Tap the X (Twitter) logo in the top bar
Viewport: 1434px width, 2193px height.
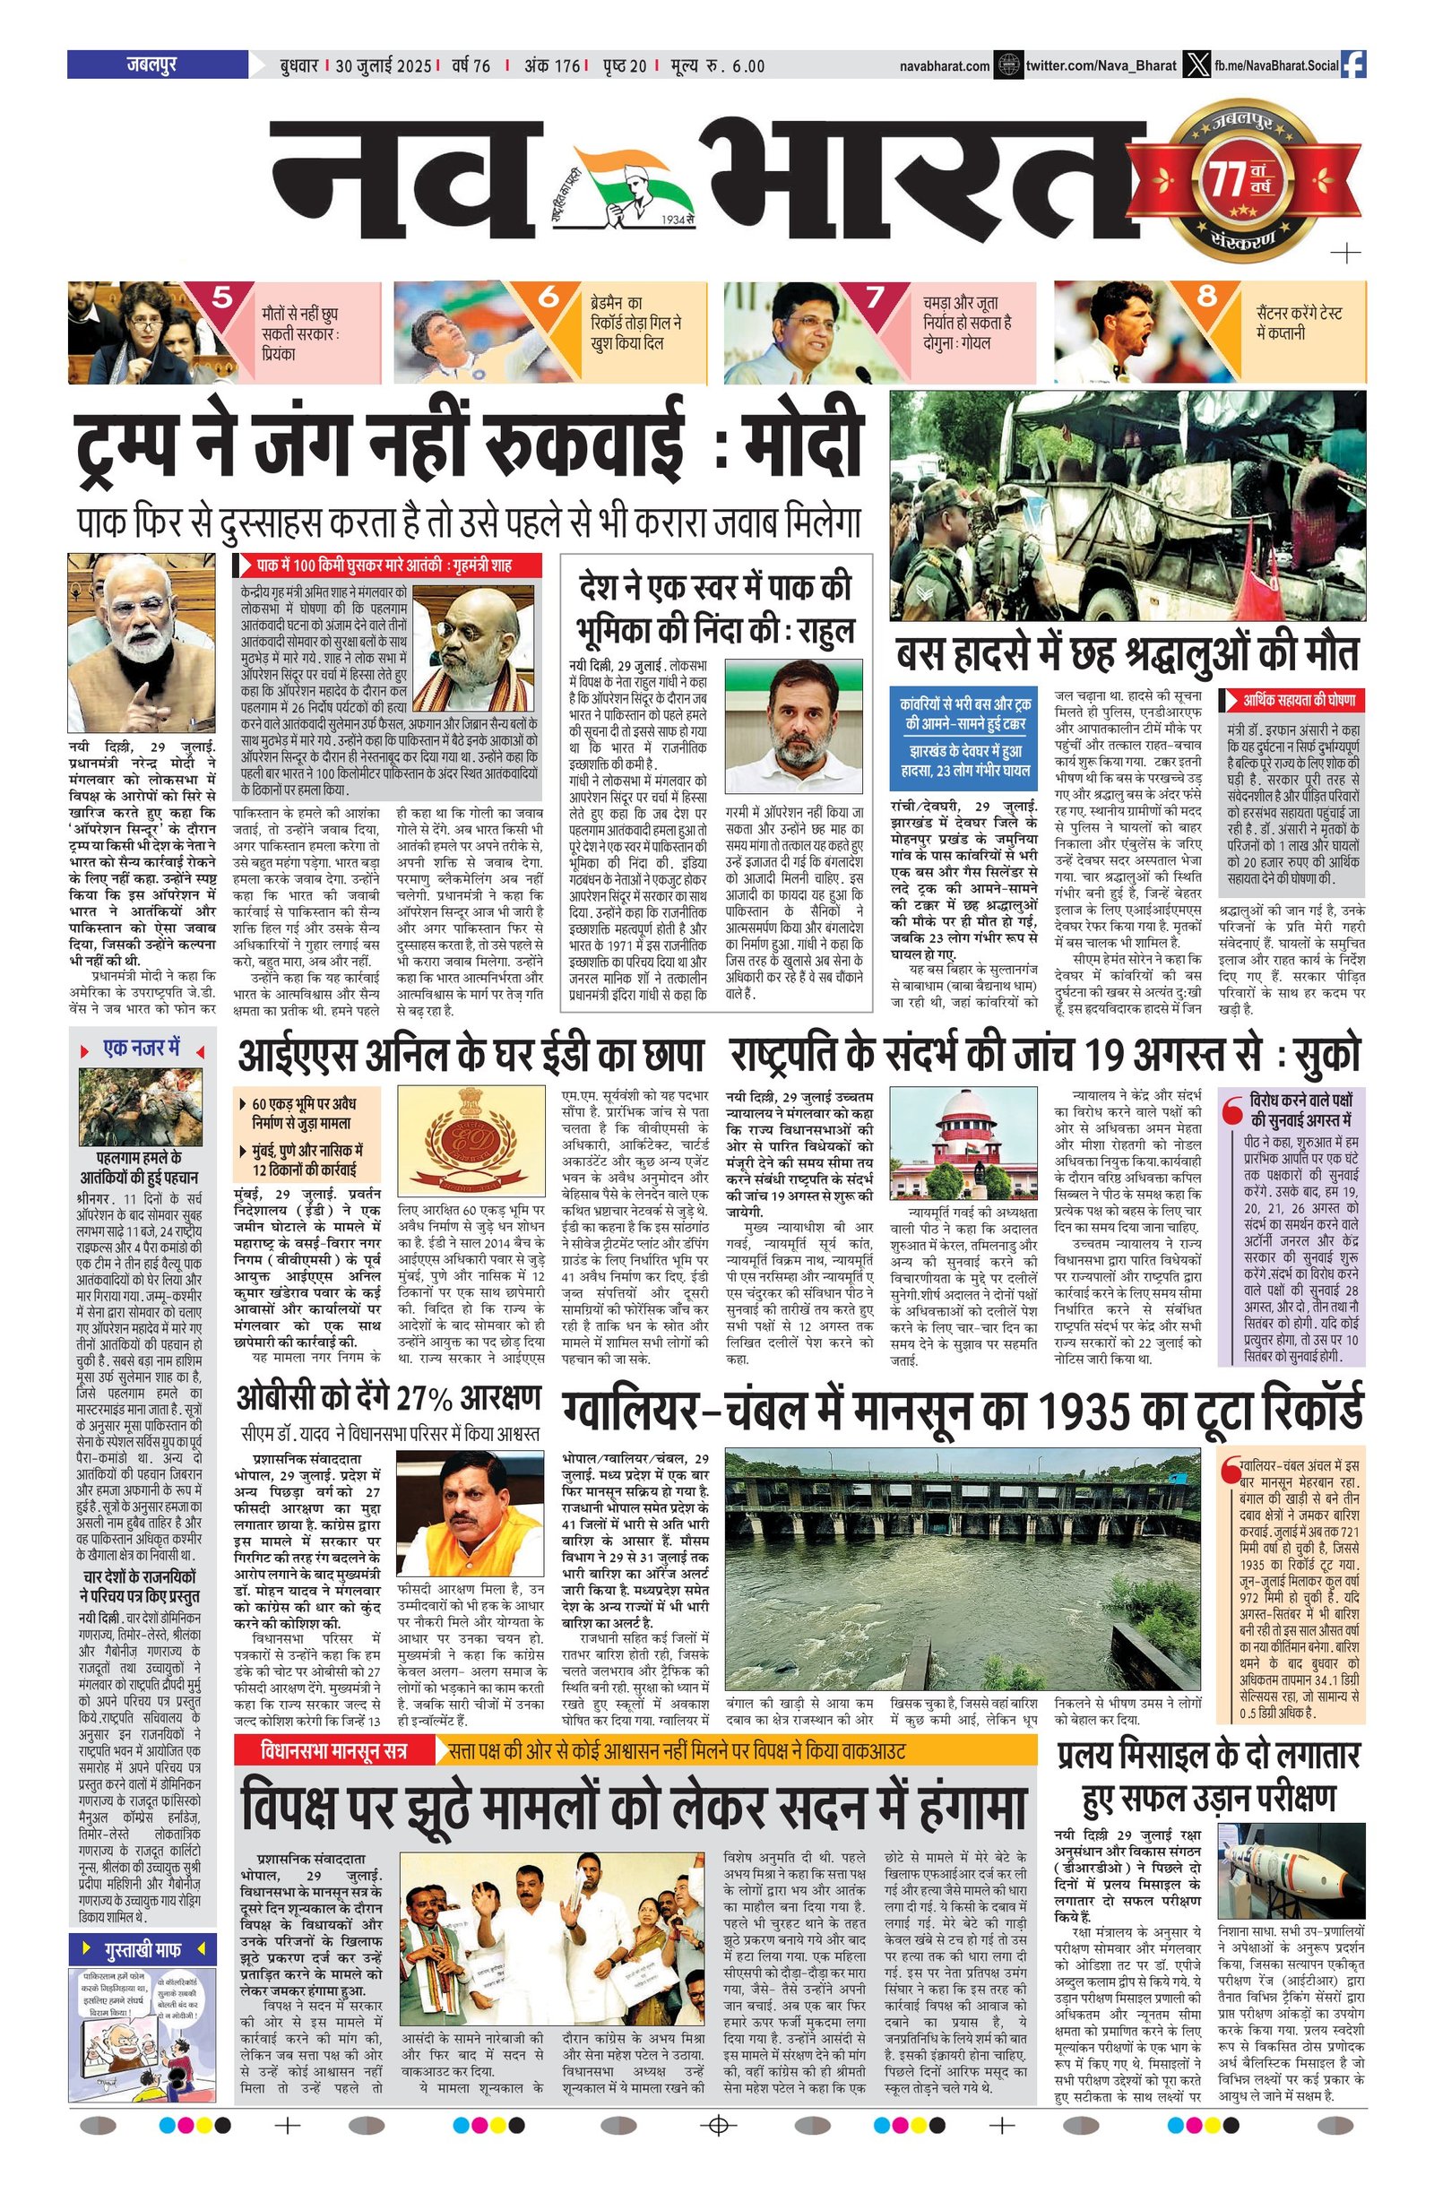(1196, 65)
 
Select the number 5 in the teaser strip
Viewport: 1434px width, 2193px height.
(222, 298)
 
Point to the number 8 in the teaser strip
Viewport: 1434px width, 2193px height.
(1207, 298)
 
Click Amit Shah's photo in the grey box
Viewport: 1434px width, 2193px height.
(471, 649)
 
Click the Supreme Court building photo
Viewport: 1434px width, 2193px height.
(970, 1144)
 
